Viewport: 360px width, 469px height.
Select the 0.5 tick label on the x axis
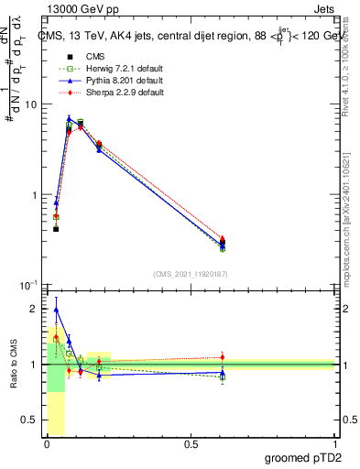click(191, 444)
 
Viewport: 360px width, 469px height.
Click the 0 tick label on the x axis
click(47, 444)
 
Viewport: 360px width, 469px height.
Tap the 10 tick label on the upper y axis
click(30, 104)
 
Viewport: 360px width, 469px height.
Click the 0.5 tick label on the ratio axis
click(28, 420)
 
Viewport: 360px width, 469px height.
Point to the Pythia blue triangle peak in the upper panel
click(69, 118)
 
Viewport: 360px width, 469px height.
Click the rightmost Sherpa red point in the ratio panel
click(222, 357)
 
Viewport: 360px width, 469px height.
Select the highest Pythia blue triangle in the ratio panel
click(56, 310)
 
